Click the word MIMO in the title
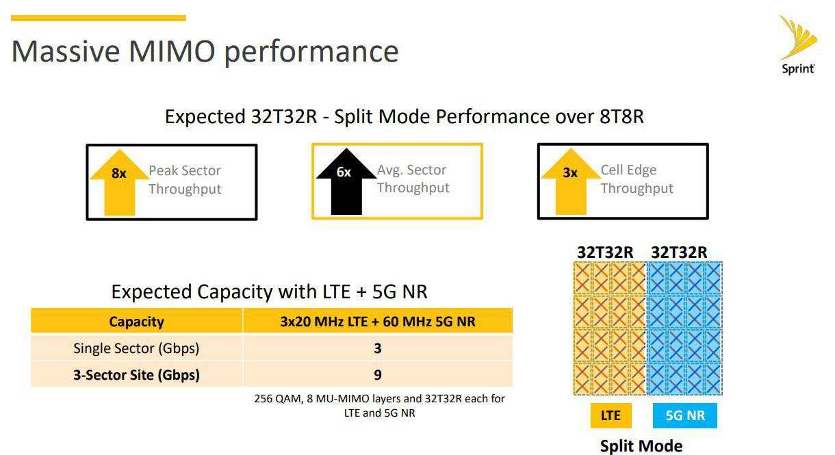click(x=172, y=51)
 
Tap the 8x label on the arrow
click(x=119, y=173)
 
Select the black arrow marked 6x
click(x=346, y=181)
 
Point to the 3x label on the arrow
click(x=570, y=172)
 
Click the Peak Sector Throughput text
click(x=185, y=180)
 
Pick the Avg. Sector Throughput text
click(x=413, y=179)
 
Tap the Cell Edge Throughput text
click(x=637, y=179)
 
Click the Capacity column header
click(x=136, y=321)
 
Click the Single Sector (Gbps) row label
click(x=136, y=348)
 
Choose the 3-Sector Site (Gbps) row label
click(x=136, y=375)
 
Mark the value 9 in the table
click(x=378, y=375)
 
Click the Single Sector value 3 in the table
click(x=378, y=348)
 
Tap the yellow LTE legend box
click(x=611, y=415)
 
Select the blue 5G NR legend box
click(x=685, y=415)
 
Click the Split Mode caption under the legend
click(x=641, y=446)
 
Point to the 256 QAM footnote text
click(x=379, y=406)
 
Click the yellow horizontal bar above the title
click(x=99, y=18)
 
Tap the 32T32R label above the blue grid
click(x=679, y=252)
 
